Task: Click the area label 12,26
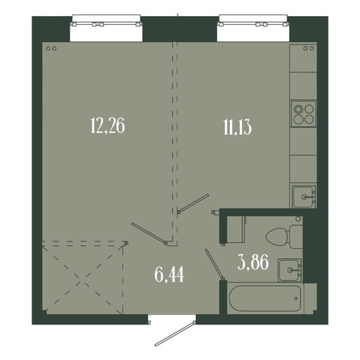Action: click(x=107, y=126)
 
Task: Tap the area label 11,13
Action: click(x=237, y=127)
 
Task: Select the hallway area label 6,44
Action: click(x=170, y=275)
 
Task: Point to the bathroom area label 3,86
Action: click(x=253, y=262)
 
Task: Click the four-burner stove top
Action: click(x=303, y=114)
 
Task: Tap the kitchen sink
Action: click(x=304, y=197)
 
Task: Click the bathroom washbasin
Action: click(x=290, y=270)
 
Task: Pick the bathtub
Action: click(x=265, y=299)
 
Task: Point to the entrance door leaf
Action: click(x=175, y=333)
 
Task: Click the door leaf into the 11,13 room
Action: click(x=194, y=203)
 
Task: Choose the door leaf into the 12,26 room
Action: click(x=149, y=233)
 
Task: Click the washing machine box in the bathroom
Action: click(x=237, y=229)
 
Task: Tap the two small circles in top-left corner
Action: click(x=51, y=48)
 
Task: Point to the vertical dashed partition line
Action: click(x=174, y=143)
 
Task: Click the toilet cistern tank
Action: click(x=296, y=237)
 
